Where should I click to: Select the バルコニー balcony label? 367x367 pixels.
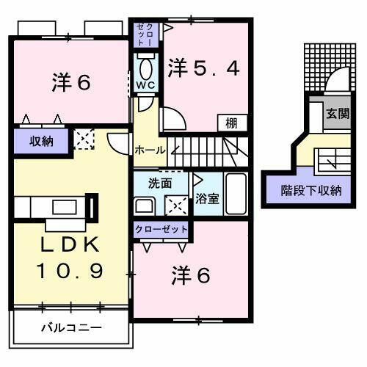click(71, 326)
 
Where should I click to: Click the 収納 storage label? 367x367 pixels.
click(42, 141)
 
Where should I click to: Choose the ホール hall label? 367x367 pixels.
click(150, 150)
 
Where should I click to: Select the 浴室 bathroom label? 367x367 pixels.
click(206, 198)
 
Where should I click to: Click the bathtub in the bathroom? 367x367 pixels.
click(236, 194)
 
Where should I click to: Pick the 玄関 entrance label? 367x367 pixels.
click(338, 114)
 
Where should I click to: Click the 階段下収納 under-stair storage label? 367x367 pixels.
click(311, 191)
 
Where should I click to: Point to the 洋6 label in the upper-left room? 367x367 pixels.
click(70, 81)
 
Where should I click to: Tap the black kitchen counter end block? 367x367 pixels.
click(92, 206)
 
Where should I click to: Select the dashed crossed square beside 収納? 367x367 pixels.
click(84, 139)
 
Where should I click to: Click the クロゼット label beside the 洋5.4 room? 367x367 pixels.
click(144, 36)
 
